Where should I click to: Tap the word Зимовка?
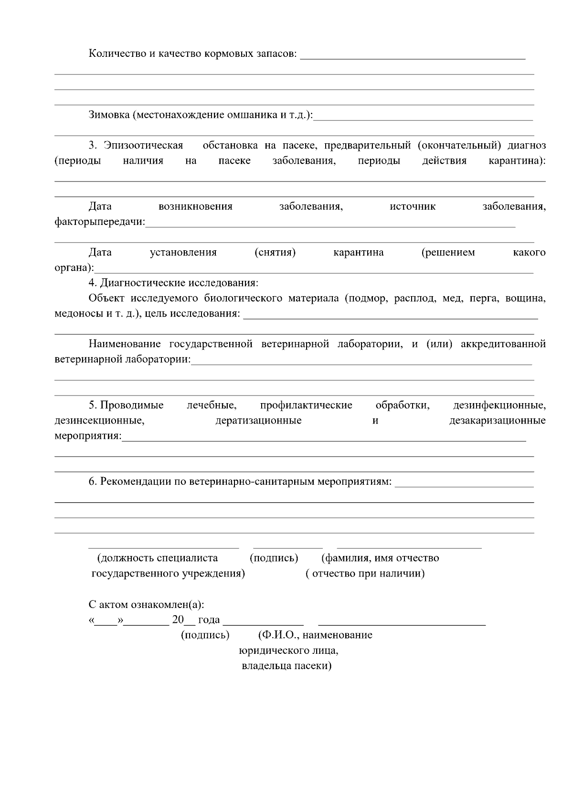(109, 115)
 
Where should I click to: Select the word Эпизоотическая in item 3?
(144, 145)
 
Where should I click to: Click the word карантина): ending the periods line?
(517, 160)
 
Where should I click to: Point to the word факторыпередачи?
(99, 222)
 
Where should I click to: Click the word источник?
(413, 206)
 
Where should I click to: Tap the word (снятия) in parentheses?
(275, 252)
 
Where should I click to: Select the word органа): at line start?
(74, 267)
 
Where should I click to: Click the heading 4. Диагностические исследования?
(173, 283)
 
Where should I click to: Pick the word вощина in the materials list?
(525, 298)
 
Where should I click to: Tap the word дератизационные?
(258, 420)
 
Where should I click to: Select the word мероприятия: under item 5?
(88, 436)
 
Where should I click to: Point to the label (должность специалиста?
(157, 558)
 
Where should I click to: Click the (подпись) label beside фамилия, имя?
(274, 558)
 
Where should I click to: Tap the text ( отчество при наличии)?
(365, 573)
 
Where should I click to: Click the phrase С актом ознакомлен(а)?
(146, 605)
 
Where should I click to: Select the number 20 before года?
(178, 619)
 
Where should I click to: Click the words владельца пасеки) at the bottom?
(286, 666)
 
